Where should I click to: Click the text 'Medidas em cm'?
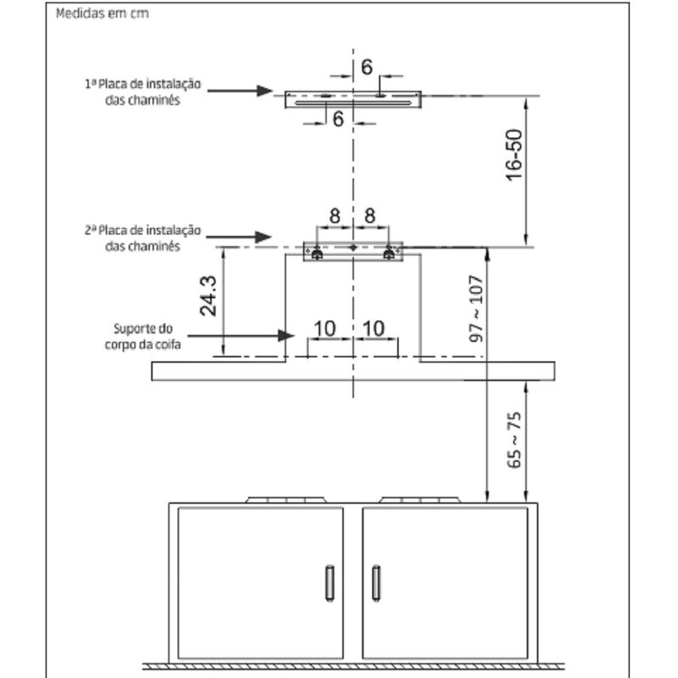pos(96,15)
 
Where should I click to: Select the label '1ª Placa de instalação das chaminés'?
pos(142,92)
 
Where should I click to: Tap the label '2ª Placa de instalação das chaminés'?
pos(142,237)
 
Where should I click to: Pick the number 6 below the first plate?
pos(337,119)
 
